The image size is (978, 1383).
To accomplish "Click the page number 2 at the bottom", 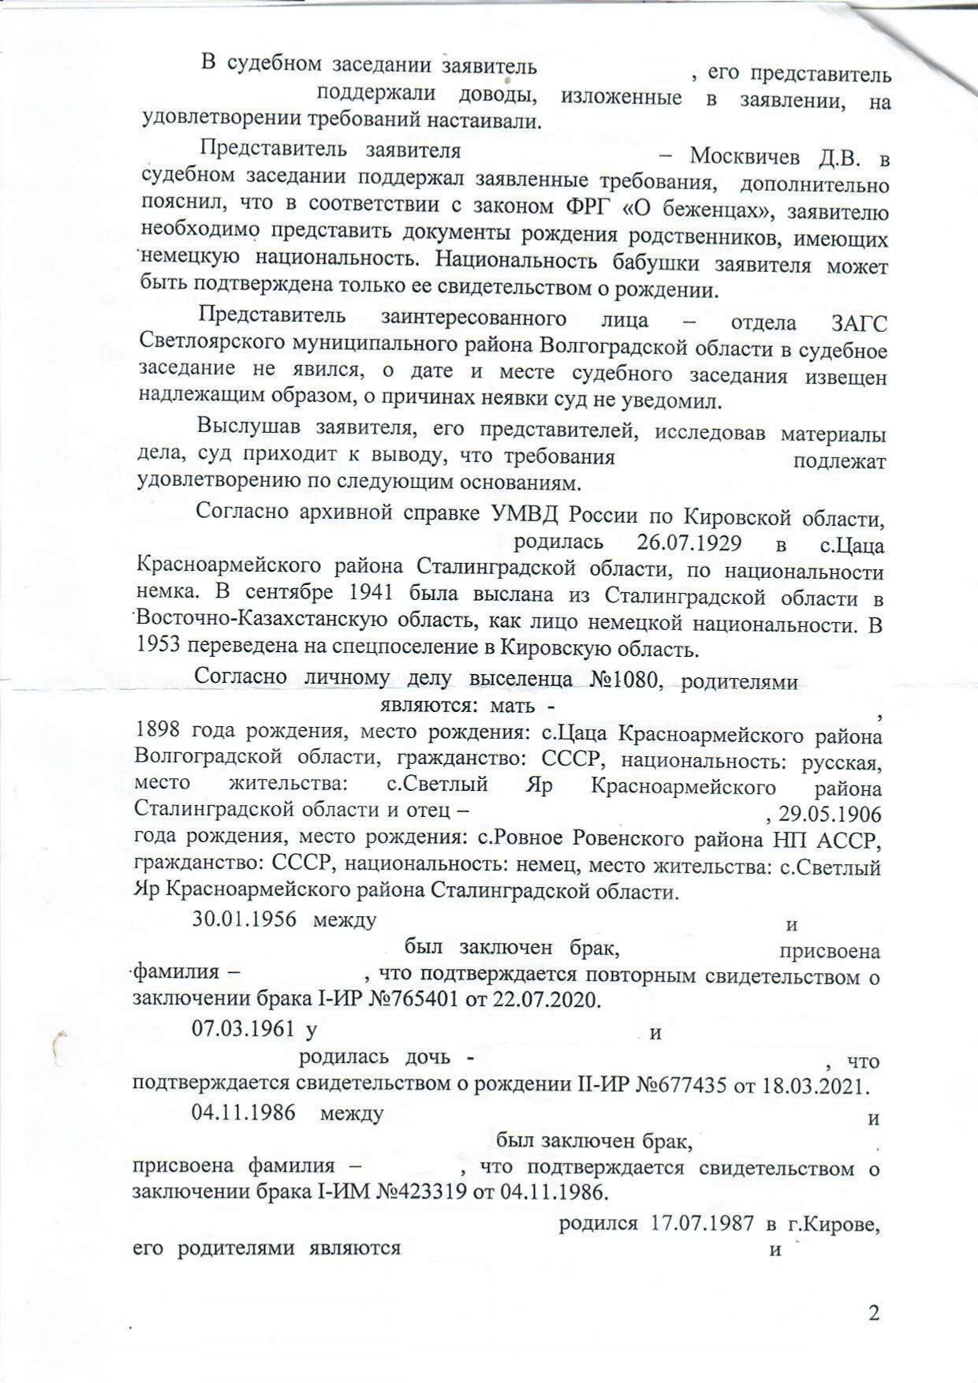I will [x=872, y=1313].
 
